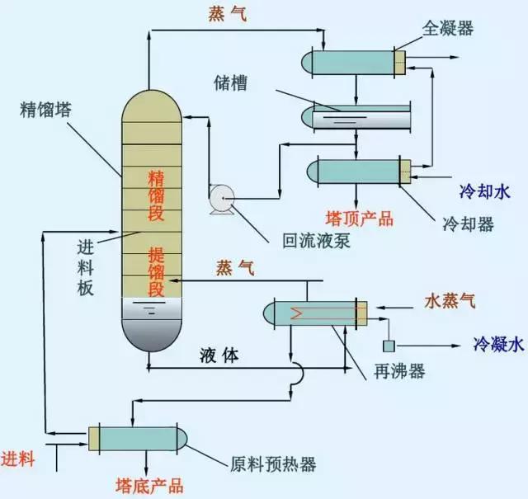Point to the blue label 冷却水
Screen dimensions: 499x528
(x=484, y=191)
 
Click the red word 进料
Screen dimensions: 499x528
(x=18, y=459)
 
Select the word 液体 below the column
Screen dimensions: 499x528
(x=219, y=355)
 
